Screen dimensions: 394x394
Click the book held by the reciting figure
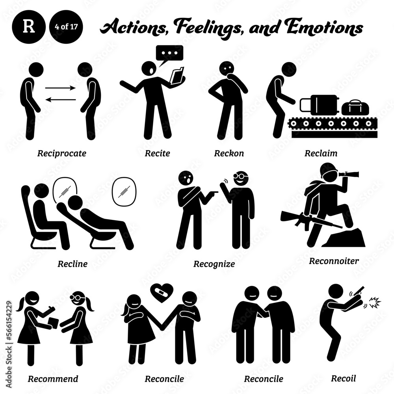(177, 75)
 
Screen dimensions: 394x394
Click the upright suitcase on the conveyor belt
(319, 105)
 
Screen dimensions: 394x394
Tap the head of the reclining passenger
(75, 203)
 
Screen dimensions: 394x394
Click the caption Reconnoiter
(334, 261)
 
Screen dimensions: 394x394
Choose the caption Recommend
(53, 379)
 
